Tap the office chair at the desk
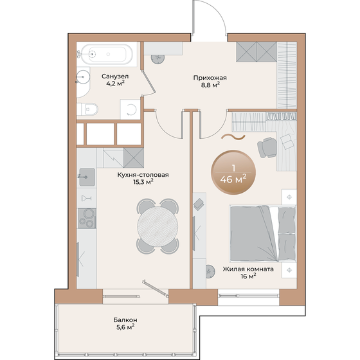click(267, 148)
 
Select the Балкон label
click(120, 319)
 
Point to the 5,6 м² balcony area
click(122, 327)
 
